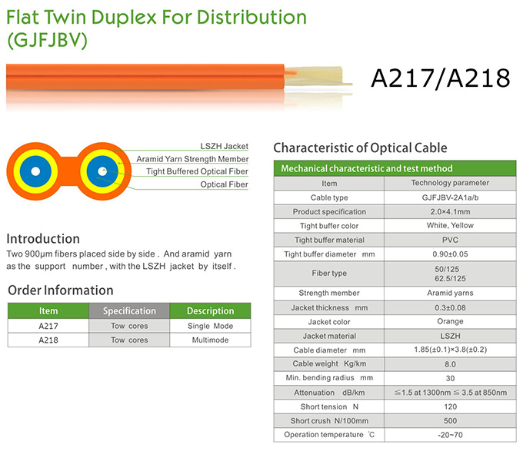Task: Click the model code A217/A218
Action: coord(441,78)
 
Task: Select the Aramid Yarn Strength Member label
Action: coord(192,159)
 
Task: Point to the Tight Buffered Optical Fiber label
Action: coord(197,171)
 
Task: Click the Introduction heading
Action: coord(43,239)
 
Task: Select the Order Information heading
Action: coord(61,290)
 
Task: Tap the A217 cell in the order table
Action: coord(48,326)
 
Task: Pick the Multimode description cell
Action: coord(210,340)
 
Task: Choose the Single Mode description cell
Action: coord(210,326)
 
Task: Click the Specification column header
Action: coord(129,311)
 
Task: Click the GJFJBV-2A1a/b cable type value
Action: coord(449,197)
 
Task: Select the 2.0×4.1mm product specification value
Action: coord(449,211)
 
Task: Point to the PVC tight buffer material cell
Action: coord(449,240)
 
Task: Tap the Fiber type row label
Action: coord(329,274)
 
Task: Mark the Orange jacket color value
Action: coord(449,321)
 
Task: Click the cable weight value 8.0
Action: coord(449,364)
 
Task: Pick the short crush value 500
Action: coord(449,421)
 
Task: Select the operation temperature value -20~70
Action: coord(449,435)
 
